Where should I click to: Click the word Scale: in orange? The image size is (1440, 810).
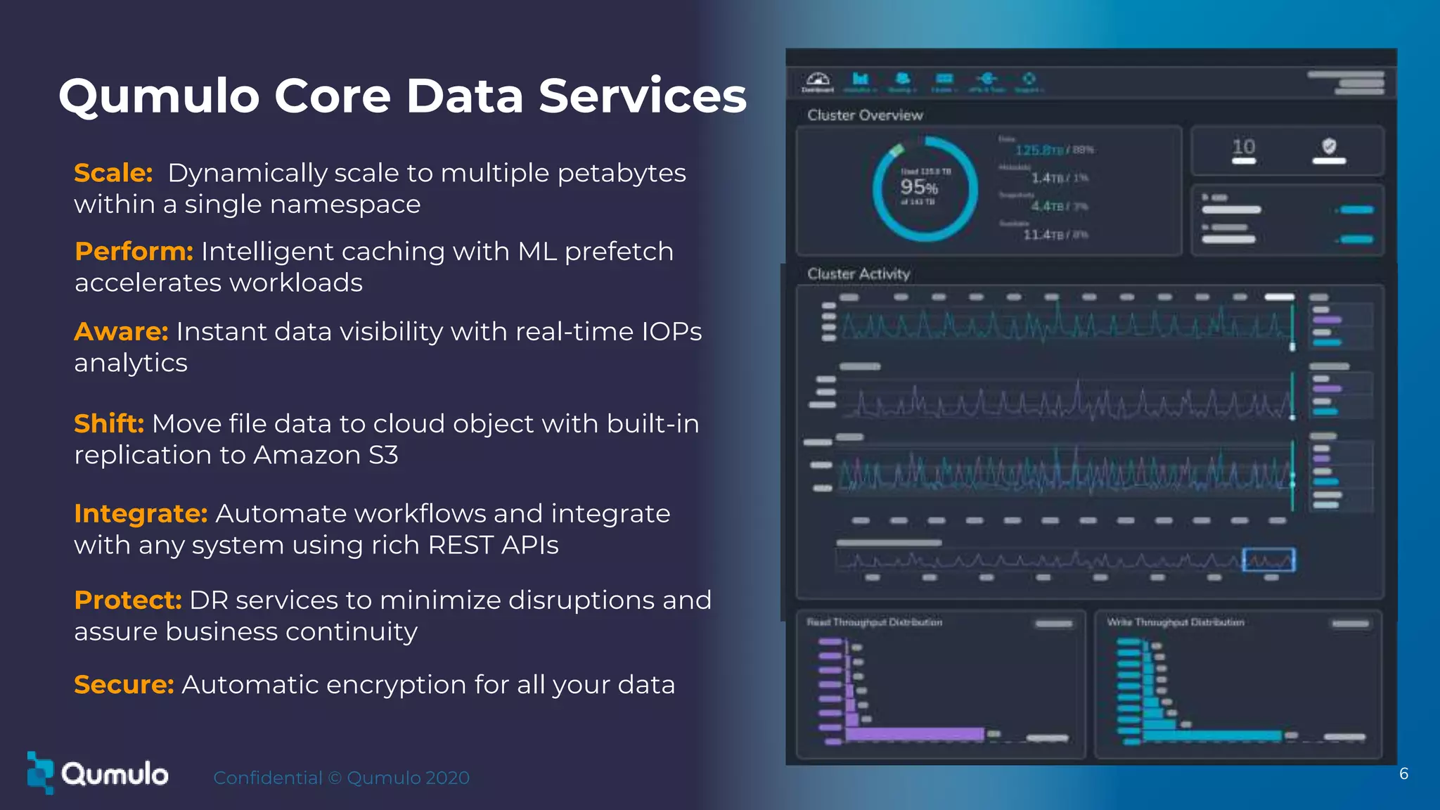(x=113, y=173)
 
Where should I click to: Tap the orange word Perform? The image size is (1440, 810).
(x=134, y=252)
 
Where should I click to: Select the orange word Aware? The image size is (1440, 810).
(x=121, y=332)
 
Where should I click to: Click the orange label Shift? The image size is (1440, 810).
(x=109, y=424)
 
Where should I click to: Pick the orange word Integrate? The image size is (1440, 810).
(x=141, y=514)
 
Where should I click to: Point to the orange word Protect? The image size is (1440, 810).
(x=128, y=600)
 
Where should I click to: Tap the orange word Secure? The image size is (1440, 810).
(x=124, y=685)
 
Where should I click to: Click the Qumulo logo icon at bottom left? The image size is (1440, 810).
(x=40, y=772)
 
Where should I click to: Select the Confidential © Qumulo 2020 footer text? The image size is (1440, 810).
(x=341, y=778)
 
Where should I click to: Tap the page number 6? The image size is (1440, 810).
(x=1403, y=774)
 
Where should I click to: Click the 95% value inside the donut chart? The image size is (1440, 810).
(x=919, y=187)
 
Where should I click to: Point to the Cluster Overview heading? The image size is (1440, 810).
(x=864, y=115)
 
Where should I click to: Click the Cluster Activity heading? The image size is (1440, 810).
(x=858, y=274)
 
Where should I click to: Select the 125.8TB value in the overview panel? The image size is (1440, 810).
(x=1039, y=150)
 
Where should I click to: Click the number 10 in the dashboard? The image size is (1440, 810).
(x=1243, y=147)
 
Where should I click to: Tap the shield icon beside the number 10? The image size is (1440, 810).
(x=1328, y=146)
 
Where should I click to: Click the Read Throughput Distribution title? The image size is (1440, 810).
(x=874, y=622)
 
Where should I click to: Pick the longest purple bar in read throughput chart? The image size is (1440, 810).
(x=914, y=734)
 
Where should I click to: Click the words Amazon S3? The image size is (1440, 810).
(x=326, y=456)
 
